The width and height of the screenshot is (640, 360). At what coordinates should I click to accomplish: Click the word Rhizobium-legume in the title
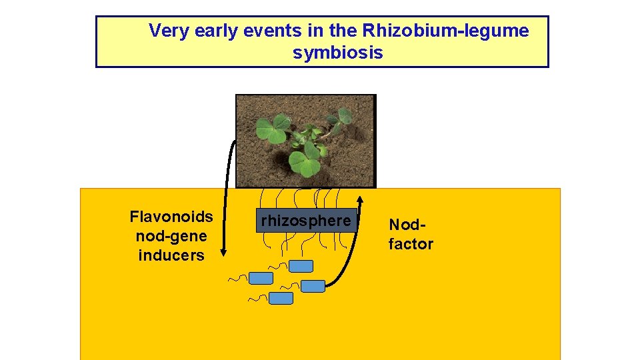tap(445, 31)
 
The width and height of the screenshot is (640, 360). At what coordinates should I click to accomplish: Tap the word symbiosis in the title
tap(337, 53)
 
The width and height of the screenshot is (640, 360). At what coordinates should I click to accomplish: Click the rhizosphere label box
tap(306, 221)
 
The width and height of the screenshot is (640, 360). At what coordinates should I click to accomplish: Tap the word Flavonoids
tap(171, 217)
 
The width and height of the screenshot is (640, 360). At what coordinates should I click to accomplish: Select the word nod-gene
tap(171, 236)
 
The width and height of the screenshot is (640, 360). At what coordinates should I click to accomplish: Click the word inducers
tap(171, 255)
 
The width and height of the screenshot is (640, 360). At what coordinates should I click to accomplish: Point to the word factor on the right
tap(411, 244)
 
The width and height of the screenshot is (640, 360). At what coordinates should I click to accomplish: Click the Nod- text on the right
tap(403, 225)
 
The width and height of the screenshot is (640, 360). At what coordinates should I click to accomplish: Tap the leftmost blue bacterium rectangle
tap(261, 278)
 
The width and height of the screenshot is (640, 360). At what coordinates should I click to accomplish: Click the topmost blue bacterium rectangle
tap(301, 266)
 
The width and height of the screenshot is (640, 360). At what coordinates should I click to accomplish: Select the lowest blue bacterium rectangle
tap(281, 298)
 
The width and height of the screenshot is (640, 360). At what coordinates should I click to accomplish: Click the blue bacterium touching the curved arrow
tap(313, 286)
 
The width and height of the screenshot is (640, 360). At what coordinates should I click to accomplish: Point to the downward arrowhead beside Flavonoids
tap(224, 252)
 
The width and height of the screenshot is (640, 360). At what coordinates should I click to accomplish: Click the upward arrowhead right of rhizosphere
tap(360, 198)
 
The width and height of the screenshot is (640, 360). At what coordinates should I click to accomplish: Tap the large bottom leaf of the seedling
tap(305, 163)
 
